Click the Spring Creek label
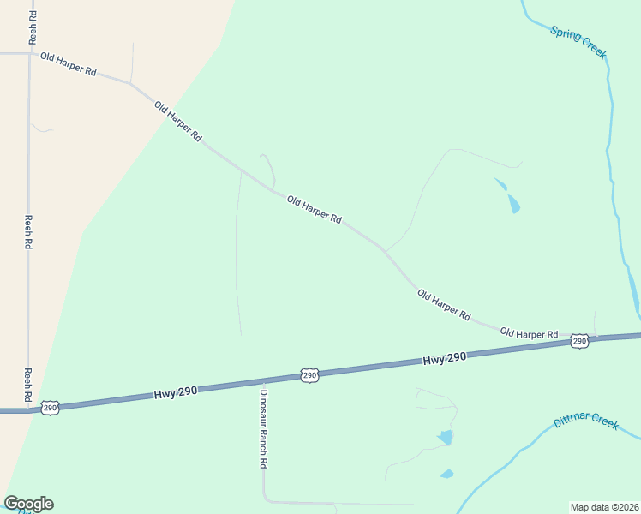[x=578, y=43]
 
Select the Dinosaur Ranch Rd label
[x=264, y=429]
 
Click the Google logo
[x=28, y=504]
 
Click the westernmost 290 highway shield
[x=50, y=407]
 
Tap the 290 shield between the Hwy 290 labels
[x=309, y=375]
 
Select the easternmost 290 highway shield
[x=580, y=341]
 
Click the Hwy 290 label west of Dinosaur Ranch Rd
[x=177, y=391]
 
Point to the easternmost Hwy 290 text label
[x=444, y=359]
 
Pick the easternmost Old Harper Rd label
[x=529, y=333]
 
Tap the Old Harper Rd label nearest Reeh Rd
[x=68, y=64]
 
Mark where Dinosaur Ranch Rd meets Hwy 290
[x=261, y=381]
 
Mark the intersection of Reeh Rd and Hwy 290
[x=28, y=409]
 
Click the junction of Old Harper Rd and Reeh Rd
[x=30, y=54]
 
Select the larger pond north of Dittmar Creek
[x=445, y=438]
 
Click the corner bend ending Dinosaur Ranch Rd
[x=265, y=499]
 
